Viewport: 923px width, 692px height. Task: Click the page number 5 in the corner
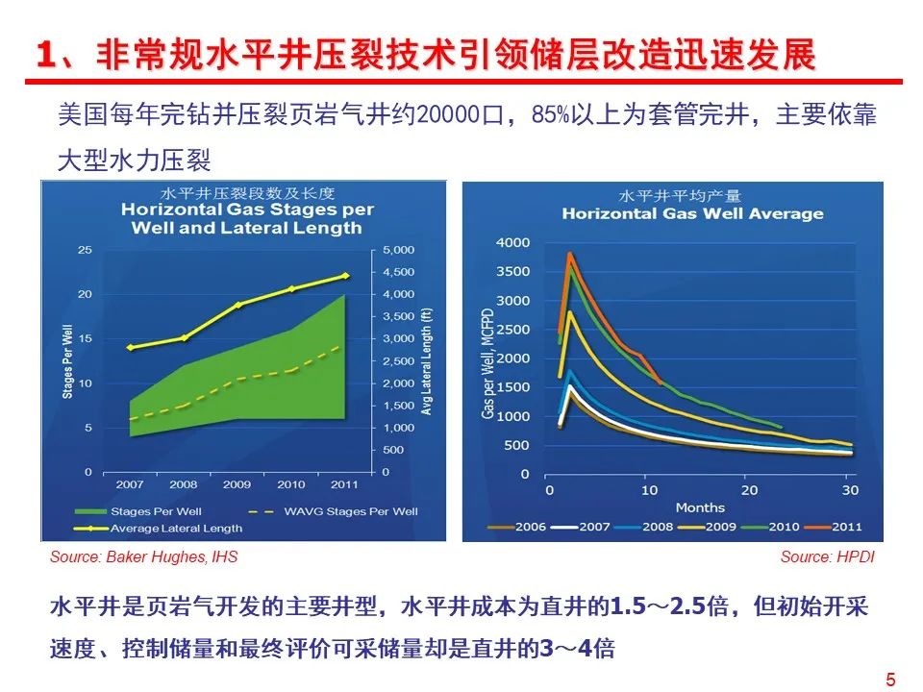coord(890,680)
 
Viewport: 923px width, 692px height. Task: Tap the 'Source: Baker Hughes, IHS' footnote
coord(144,557)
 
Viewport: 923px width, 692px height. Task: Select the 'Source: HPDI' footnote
coord(828,557)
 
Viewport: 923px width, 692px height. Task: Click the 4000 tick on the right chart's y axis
coord(511,242)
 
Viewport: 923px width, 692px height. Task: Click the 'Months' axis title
coord(700,507)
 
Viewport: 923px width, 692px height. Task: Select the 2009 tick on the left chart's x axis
coord(238,484)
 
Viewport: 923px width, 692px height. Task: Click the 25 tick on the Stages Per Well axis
coord(85,250)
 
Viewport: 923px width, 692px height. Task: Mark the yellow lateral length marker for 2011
coord(346,276)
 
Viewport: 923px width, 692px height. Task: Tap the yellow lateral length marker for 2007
coord(130,347)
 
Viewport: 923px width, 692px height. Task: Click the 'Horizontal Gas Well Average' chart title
coord(692,213)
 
